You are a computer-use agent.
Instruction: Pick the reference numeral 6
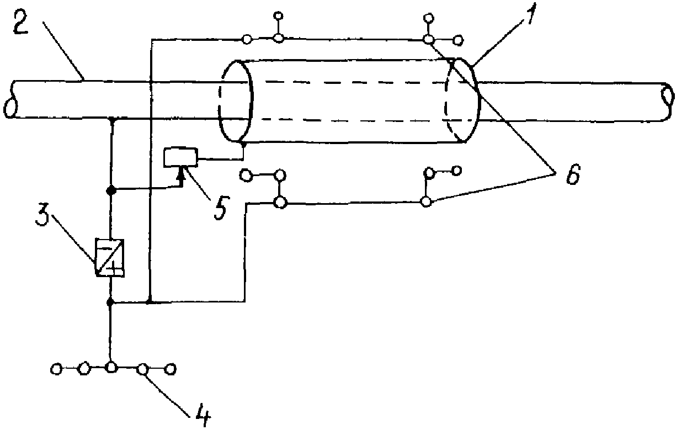(572, 174)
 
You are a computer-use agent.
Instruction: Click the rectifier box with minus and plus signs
(110, 257)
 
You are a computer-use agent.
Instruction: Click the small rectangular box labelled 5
(180, 157)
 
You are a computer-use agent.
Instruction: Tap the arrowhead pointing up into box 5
(181, 174)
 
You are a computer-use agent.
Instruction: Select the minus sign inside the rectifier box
(105, 248)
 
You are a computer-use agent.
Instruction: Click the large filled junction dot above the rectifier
(111, 190)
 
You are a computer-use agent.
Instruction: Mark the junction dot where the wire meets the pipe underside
(112, 120)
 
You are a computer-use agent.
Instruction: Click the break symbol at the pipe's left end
(10, 100)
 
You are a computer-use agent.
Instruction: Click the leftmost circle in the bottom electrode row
(56, 369)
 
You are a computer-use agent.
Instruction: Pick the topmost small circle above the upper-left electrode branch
(279, 15)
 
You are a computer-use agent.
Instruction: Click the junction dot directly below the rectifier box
(110, 302)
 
